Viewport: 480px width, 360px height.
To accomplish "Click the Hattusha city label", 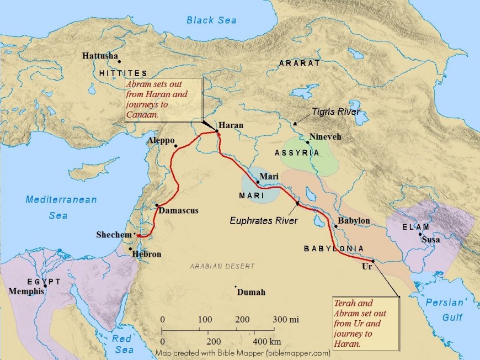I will tap(100, 56).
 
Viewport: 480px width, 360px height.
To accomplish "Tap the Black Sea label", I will tap(211, 20).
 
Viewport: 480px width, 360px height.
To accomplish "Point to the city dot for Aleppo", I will tap(176, 146).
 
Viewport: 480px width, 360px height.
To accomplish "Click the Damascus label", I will tap(178, 210).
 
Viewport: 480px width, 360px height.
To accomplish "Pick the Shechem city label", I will tap(114, 235).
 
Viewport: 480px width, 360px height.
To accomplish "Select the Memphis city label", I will tap(26, 291).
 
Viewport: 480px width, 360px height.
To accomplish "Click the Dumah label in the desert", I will tap(251, 292).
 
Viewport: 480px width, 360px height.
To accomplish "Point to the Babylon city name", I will tap(354, 221).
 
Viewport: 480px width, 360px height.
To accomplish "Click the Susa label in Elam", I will tap(431, 240).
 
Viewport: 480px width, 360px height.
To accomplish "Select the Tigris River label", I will tap(336, 112).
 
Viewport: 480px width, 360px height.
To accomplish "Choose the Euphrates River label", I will tap(264, 221).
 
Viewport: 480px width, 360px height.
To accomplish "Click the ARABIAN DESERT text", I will tap(222, 266).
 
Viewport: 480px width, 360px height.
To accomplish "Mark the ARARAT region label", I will tap(300, 63).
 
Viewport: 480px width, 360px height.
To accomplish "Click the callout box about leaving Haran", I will tap(163, 98).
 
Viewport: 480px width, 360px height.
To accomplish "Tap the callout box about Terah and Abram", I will tap(365, 324).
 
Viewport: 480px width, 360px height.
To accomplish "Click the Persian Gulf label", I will tap(445, 310).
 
